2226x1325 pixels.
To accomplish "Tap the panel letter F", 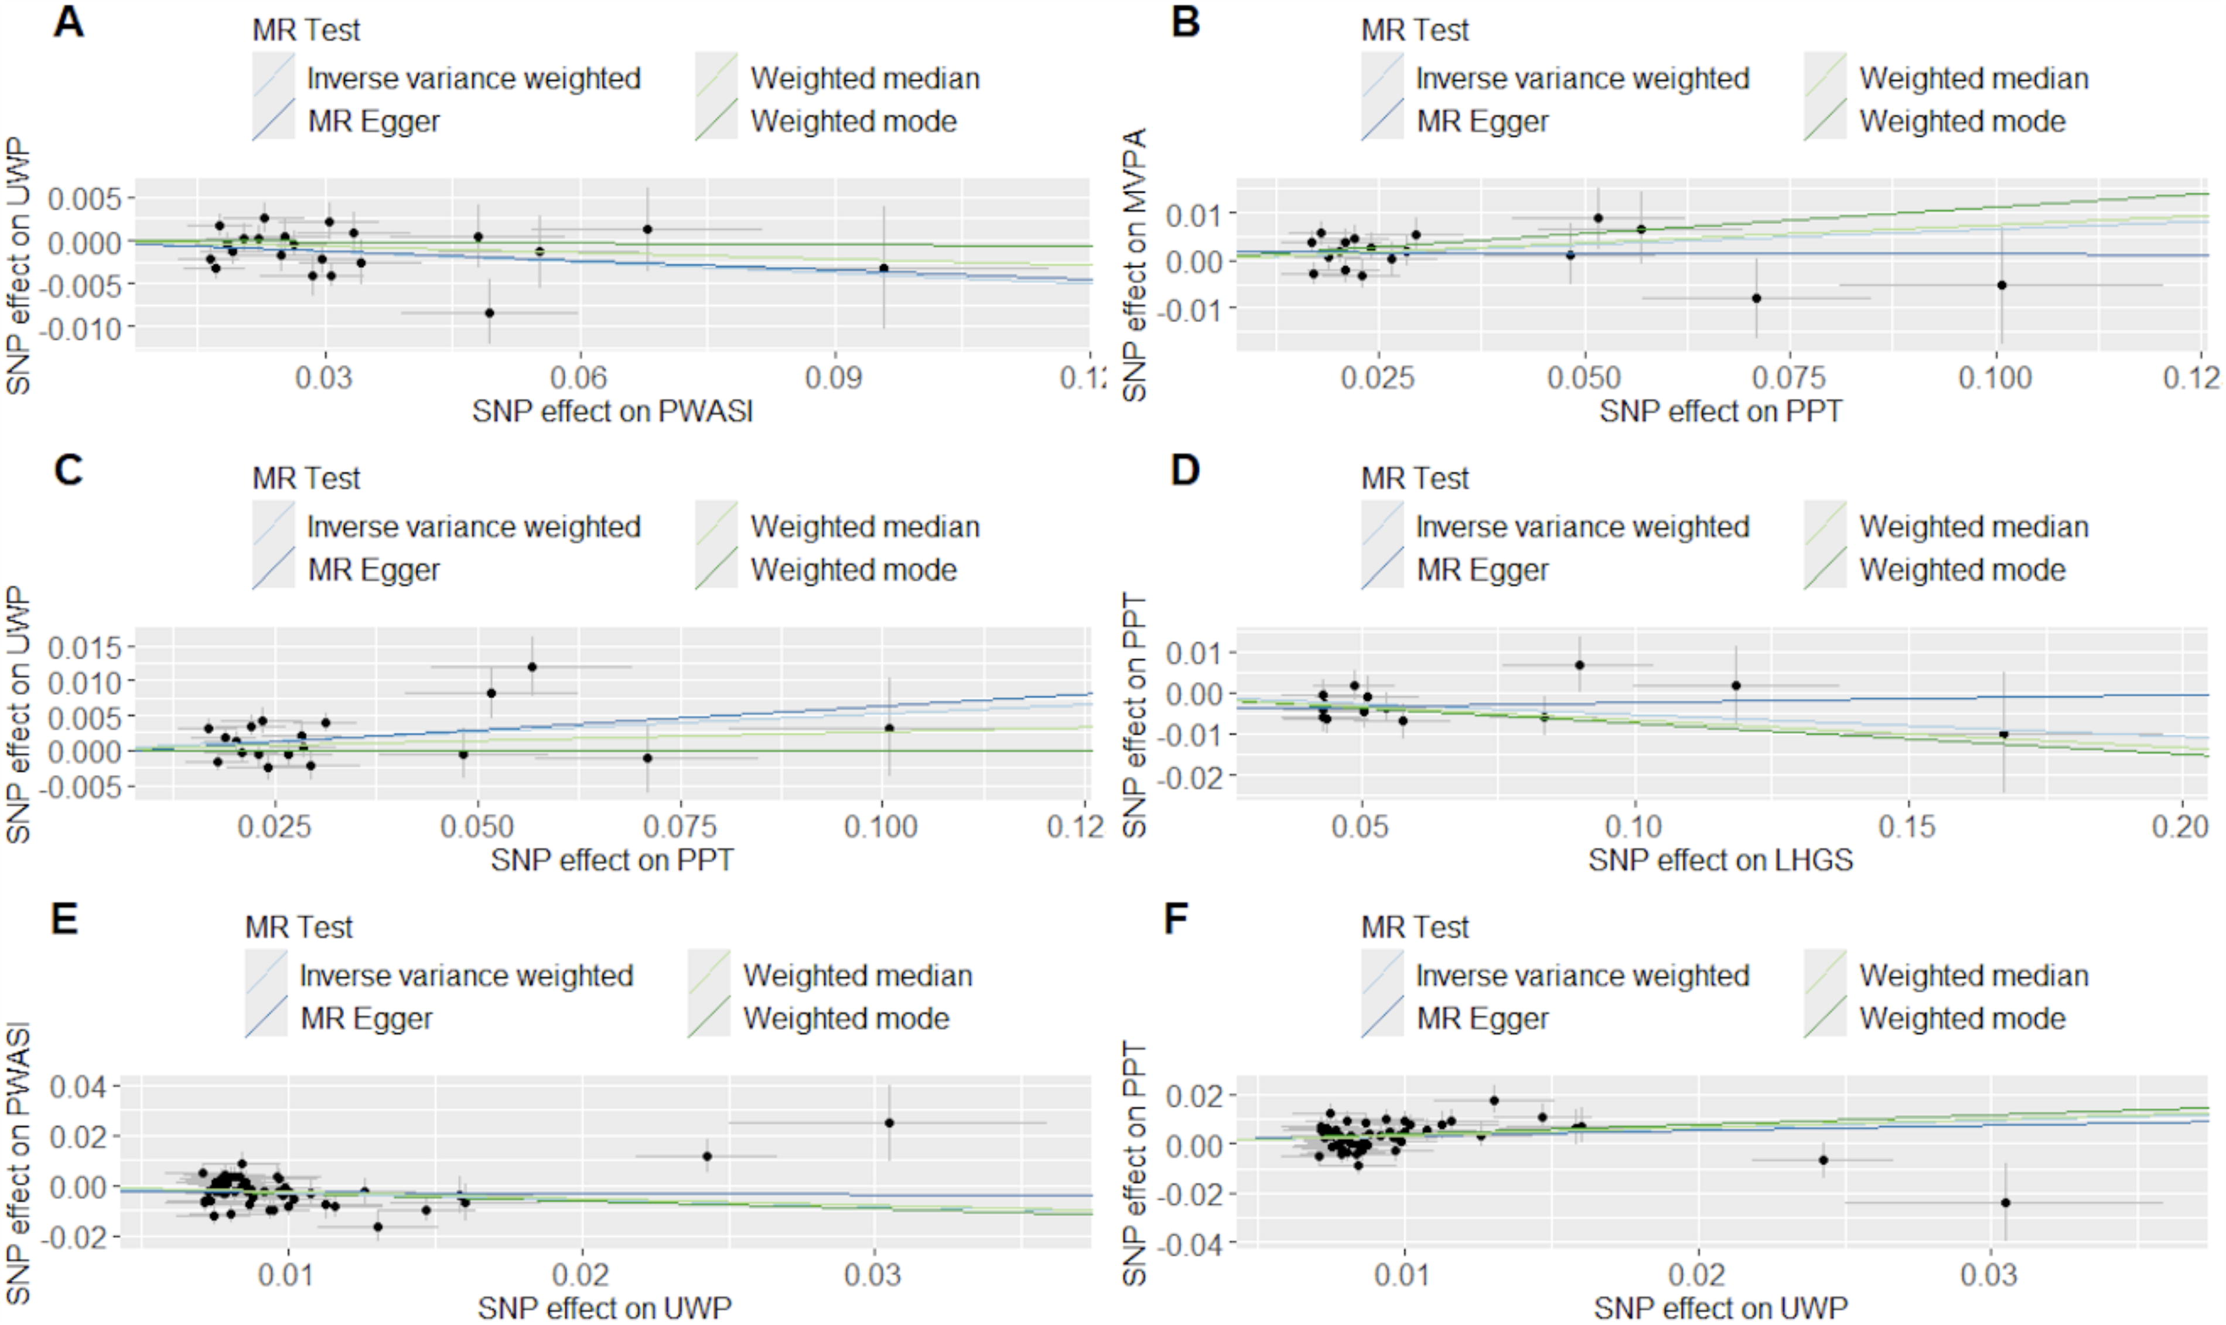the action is (x=1176, y=919).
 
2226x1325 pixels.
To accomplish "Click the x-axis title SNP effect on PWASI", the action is (x=612, y=411).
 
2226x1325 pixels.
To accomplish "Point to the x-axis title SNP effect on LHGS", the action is (x=1721, y=860).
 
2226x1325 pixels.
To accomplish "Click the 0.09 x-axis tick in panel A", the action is (x=835, y=377).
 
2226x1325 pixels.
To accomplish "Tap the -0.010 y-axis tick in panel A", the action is (x=85, y=329).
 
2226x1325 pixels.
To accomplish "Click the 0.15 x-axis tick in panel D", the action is (x=1907, y=826).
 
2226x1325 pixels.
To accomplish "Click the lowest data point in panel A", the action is (x=489, y=312).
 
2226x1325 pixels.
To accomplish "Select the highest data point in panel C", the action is (x=532, y=666).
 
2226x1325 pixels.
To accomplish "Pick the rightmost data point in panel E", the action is (x=889, y=1122).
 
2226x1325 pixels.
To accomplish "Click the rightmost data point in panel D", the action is (x=2004, y=734).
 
